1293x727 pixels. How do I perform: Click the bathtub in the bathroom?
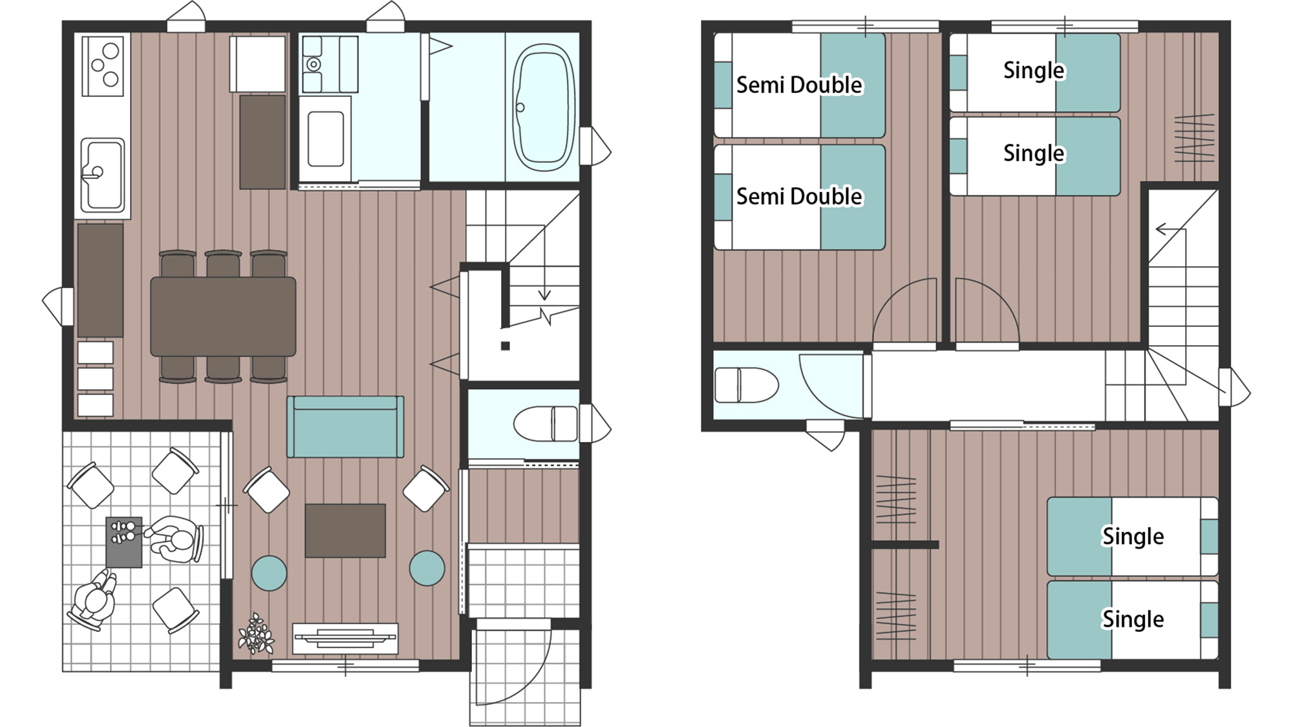point(543,107)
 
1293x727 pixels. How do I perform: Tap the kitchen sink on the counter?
point(102,175)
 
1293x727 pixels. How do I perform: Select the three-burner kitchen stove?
point(103,65)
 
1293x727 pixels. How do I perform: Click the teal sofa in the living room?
point(345,427)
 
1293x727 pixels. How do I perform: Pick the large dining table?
point(223,317)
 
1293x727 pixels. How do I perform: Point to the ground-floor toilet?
point(546,424)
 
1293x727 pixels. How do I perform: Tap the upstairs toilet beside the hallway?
point(746,385)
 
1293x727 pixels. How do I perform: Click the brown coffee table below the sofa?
point(345,531)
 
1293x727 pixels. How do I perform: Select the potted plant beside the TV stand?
point(256,634)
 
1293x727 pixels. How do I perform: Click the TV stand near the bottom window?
point(345,638)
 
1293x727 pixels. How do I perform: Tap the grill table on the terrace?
point(124,542)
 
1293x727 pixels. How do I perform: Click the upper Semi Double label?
point(799,85)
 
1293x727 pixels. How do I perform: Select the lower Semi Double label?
point(799,196)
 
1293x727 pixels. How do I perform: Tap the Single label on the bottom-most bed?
point(1133,619)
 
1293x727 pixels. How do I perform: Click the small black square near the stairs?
point(506,346)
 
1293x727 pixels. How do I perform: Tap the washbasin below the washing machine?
point(325,138)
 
